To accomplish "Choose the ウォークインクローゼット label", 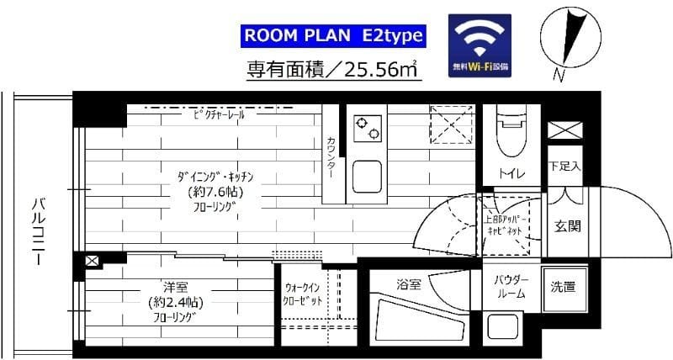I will pos(303,294).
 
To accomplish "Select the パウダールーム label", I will pos(510,286).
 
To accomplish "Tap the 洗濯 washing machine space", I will pos(563,287).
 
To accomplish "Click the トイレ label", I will pos(511,173).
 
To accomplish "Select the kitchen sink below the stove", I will pos(368,177).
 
